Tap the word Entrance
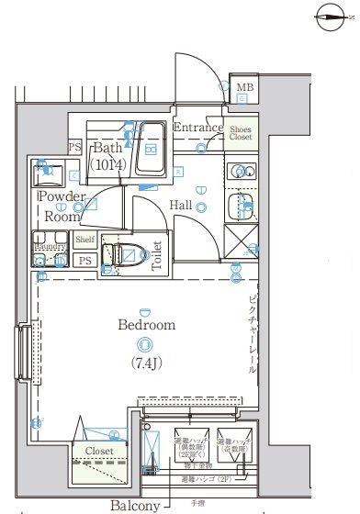coord(197,128)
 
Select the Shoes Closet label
coord(242,135)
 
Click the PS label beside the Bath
coord(74,147)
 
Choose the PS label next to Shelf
coord(84,261)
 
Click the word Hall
coord(181,206)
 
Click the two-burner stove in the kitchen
coord(242,172)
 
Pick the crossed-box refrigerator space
coord(242,240)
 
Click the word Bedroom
coord(145,325)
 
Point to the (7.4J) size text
coord(144,362)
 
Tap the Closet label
coord(99,452)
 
